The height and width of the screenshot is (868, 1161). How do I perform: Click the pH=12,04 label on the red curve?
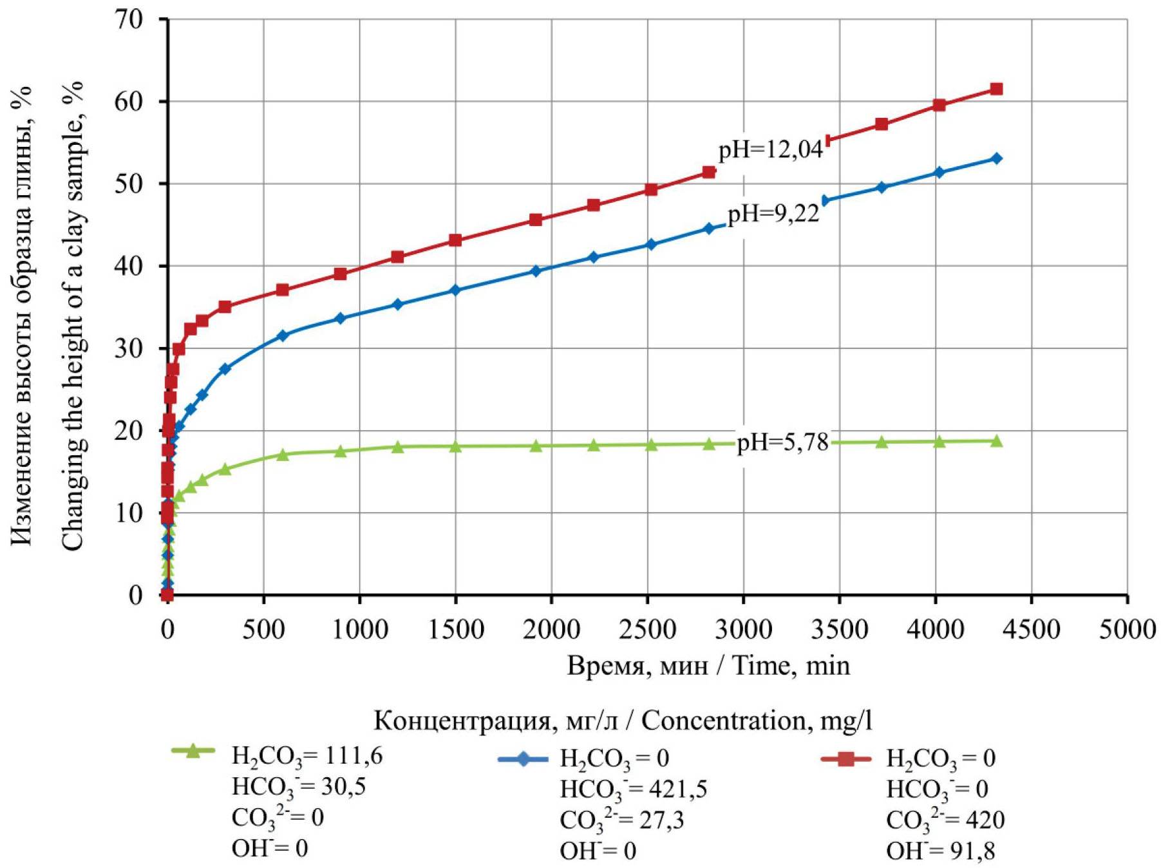click(770, 149)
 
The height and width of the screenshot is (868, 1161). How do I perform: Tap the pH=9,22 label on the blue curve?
click(773, 213)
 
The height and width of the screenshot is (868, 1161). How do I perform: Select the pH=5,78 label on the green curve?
click(782, 442)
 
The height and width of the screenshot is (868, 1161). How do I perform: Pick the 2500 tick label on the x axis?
click(647, 629)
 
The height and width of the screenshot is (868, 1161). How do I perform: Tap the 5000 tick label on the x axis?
click(1127, 629)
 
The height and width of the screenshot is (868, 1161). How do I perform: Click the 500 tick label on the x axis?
click(263, 629)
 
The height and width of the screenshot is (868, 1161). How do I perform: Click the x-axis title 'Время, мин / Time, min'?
click(708, 665)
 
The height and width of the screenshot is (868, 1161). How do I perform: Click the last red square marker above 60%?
click(996, 89)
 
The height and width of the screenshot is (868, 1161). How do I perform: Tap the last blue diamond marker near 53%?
click(996, 158)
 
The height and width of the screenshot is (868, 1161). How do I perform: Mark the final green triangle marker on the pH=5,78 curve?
click(996, 441)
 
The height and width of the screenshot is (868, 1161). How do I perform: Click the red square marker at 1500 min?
click(455, 240)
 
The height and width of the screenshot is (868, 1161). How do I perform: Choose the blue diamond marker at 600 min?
click(282, 335)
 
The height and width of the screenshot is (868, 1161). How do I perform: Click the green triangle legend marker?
click(193, 751)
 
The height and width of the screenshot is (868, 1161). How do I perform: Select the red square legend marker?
click(845, 759)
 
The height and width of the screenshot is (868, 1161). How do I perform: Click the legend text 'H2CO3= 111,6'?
click(307, 756)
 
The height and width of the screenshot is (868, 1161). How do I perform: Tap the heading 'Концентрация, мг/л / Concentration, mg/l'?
click(623, 721)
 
